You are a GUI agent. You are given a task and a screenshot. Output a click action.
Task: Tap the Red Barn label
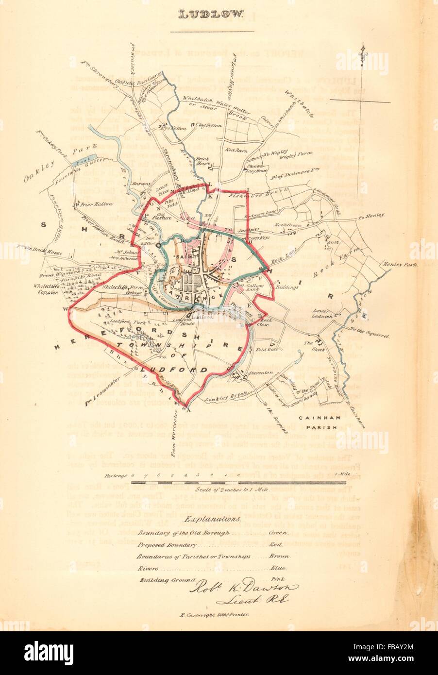click(237, 151)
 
